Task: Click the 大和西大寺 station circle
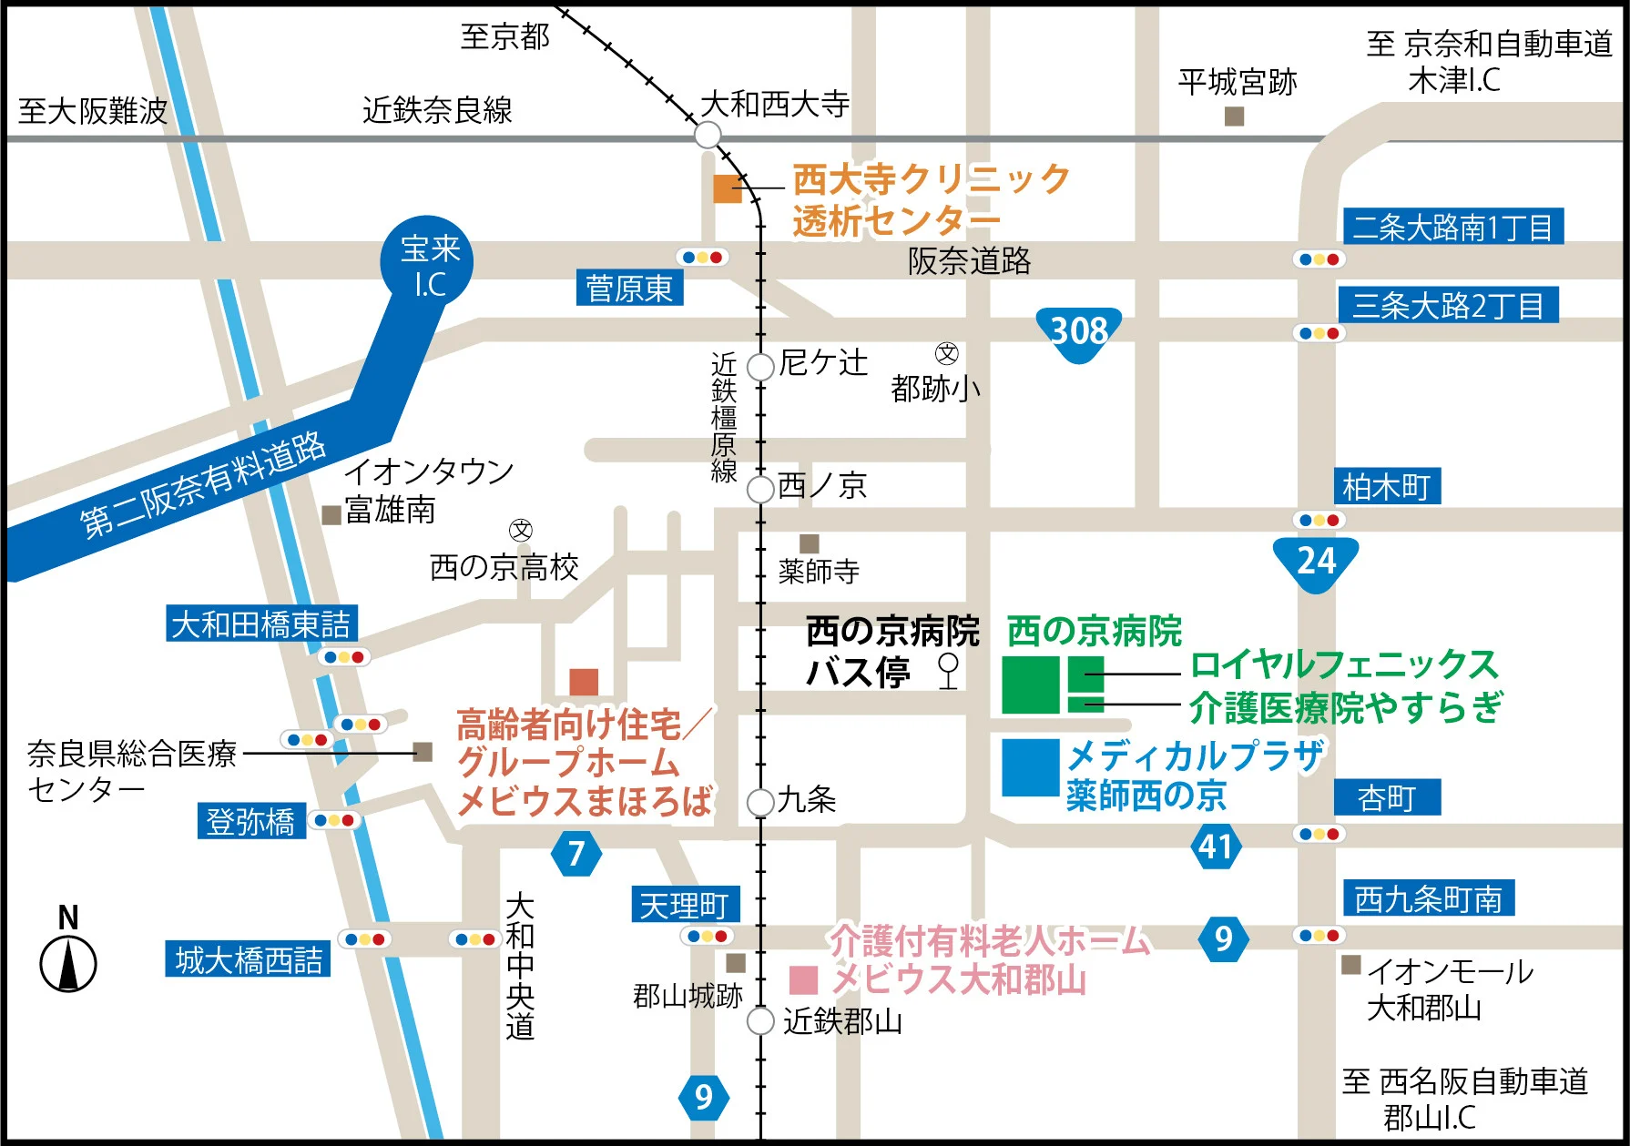(x=708, y=136)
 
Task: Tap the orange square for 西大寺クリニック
(x=727, y=188)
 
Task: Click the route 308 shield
(x=1079, y=332)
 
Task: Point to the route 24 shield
(x=1316, y=562)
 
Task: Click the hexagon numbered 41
(x=1216, y=847)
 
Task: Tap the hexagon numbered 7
(x=576, y=854)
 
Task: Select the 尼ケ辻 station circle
(x=760, y=367)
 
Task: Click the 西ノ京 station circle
(x=760, y=489)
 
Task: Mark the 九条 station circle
(x=760, y=803)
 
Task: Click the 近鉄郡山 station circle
(x=760, y=1021)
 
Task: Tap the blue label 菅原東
(x=629, y=289)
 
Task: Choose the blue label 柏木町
(x=1387, y=487)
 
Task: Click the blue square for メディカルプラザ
(x=1031, y=767)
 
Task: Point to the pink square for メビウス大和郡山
(x=803, y=980)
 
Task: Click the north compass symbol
(x=68, y=964)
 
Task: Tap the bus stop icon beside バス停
(x=948, y=670)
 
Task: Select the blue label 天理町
(x=685, y=905)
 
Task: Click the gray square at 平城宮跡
(x=1235, y=117)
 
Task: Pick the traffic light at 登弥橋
(x=334, y=821)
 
